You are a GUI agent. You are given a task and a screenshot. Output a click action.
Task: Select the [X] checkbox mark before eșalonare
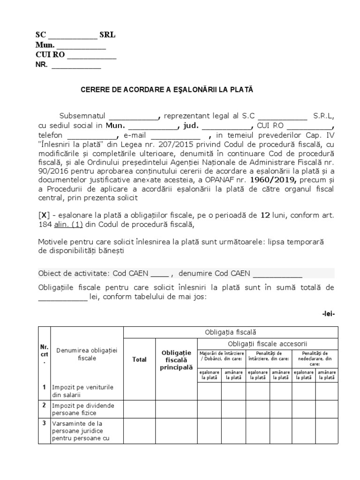click(43, 216)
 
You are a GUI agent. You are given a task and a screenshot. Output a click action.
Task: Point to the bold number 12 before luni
click(265, 216)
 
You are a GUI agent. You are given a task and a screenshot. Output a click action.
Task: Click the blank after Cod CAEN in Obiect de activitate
click(161, 274)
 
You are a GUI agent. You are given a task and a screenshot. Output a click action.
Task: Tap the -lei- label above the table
click(328, 314)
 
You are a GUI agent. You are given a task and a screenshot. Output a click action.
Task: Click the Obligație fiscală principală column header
click(177, 360)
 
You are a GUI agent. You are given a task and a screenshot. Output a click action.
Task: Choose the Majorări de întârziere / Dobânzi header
click(221, 356)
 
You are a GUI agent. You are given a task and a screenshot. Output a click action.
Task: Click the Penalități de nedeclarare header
click(315, 358)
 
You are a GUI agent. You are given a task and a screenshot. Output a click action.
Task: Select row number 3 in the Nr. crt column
click(44, 423)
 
